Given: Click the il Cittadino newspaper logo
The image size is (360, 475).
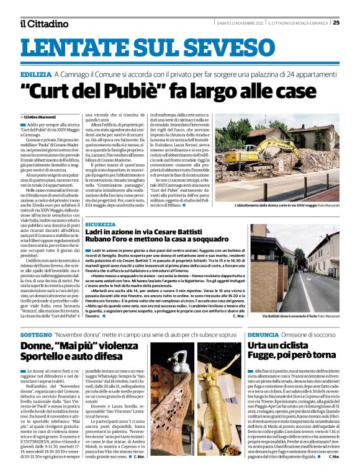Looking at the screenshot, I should tap(43, 23).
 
